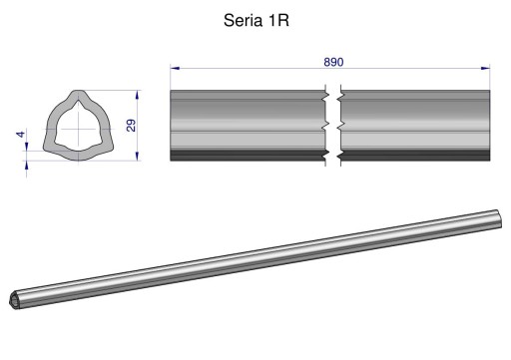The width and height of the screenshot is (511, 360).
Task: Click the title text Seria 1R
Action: (255, 20)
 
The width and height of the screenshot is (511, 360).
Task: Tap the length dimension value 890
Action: (333, 62)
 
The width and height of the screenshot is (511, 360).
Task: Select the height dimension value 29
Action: (130, 126)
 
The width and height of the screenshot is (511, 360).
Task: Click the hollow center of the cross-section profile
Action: (77, 128)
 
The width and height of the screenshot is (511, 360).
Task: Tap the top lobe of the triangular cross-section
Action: (77, 99)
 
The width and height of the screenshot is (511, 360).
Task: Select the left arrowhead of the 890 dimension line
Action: (175, 69)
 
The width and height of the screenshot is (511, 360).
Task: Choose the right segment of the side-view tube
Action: (414, 125)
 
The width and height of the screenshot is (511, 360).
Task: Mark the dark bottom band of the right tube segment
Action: (414, 157)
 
